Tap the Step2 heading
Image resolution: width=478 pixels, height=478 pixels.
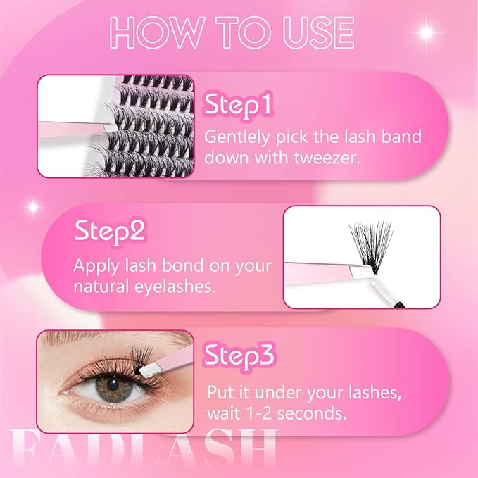tap(110, 232)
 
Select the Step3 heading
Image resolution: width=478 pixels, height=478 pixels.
tap(239, 356)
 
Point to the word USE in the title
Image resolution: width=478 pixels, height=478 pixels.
tap(318, 32)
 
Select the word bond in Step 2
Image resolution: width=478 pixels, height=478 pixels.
tap(182, 265)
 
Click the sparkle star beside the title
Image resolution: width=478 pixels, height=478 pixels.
tap(426, 32)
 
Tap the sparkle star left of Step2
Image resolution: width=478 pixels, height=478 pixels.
tap(33, 207)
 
